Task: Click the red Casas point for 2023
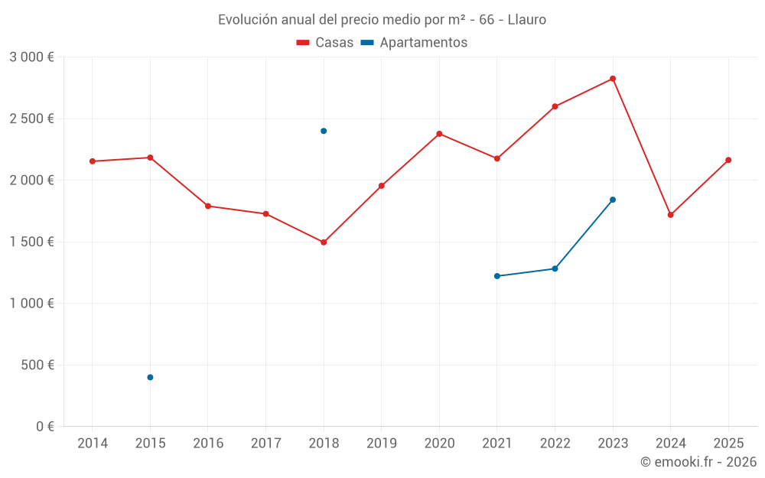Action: (613, 79)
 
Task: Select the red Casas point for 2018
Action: (324, 242)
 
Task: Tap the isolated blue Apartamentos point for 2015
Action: (150, 377)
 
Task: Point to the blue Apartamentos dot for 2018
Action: (324, 131)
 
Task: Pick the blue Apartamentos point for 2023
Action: (613, 200)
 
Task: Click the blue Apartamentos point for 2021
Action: (497, 276)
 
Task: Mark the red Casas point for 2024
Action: (671, 215)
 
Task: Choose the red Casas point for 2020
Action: (439, 134)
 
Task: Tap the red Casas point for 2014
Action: (93, 161)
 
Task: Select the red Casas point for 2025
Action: (728, 160)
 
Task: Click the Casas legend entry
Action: (325, 42)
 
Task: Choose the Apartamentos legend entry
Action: (414, 42)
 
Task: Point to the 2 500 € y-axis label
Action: (31, 119)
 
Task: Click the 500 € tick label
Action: (37, 365)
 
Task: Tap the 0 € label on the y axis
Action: (45, 426)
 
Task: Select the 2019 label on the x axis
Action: (382, 443)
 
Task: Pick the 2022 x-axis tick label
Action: (555, 443)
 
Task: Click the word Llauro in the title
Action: (527, 20)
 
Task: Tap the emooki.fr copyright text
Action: (698, 461)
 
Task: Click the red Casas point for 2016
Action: (208, 206)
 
